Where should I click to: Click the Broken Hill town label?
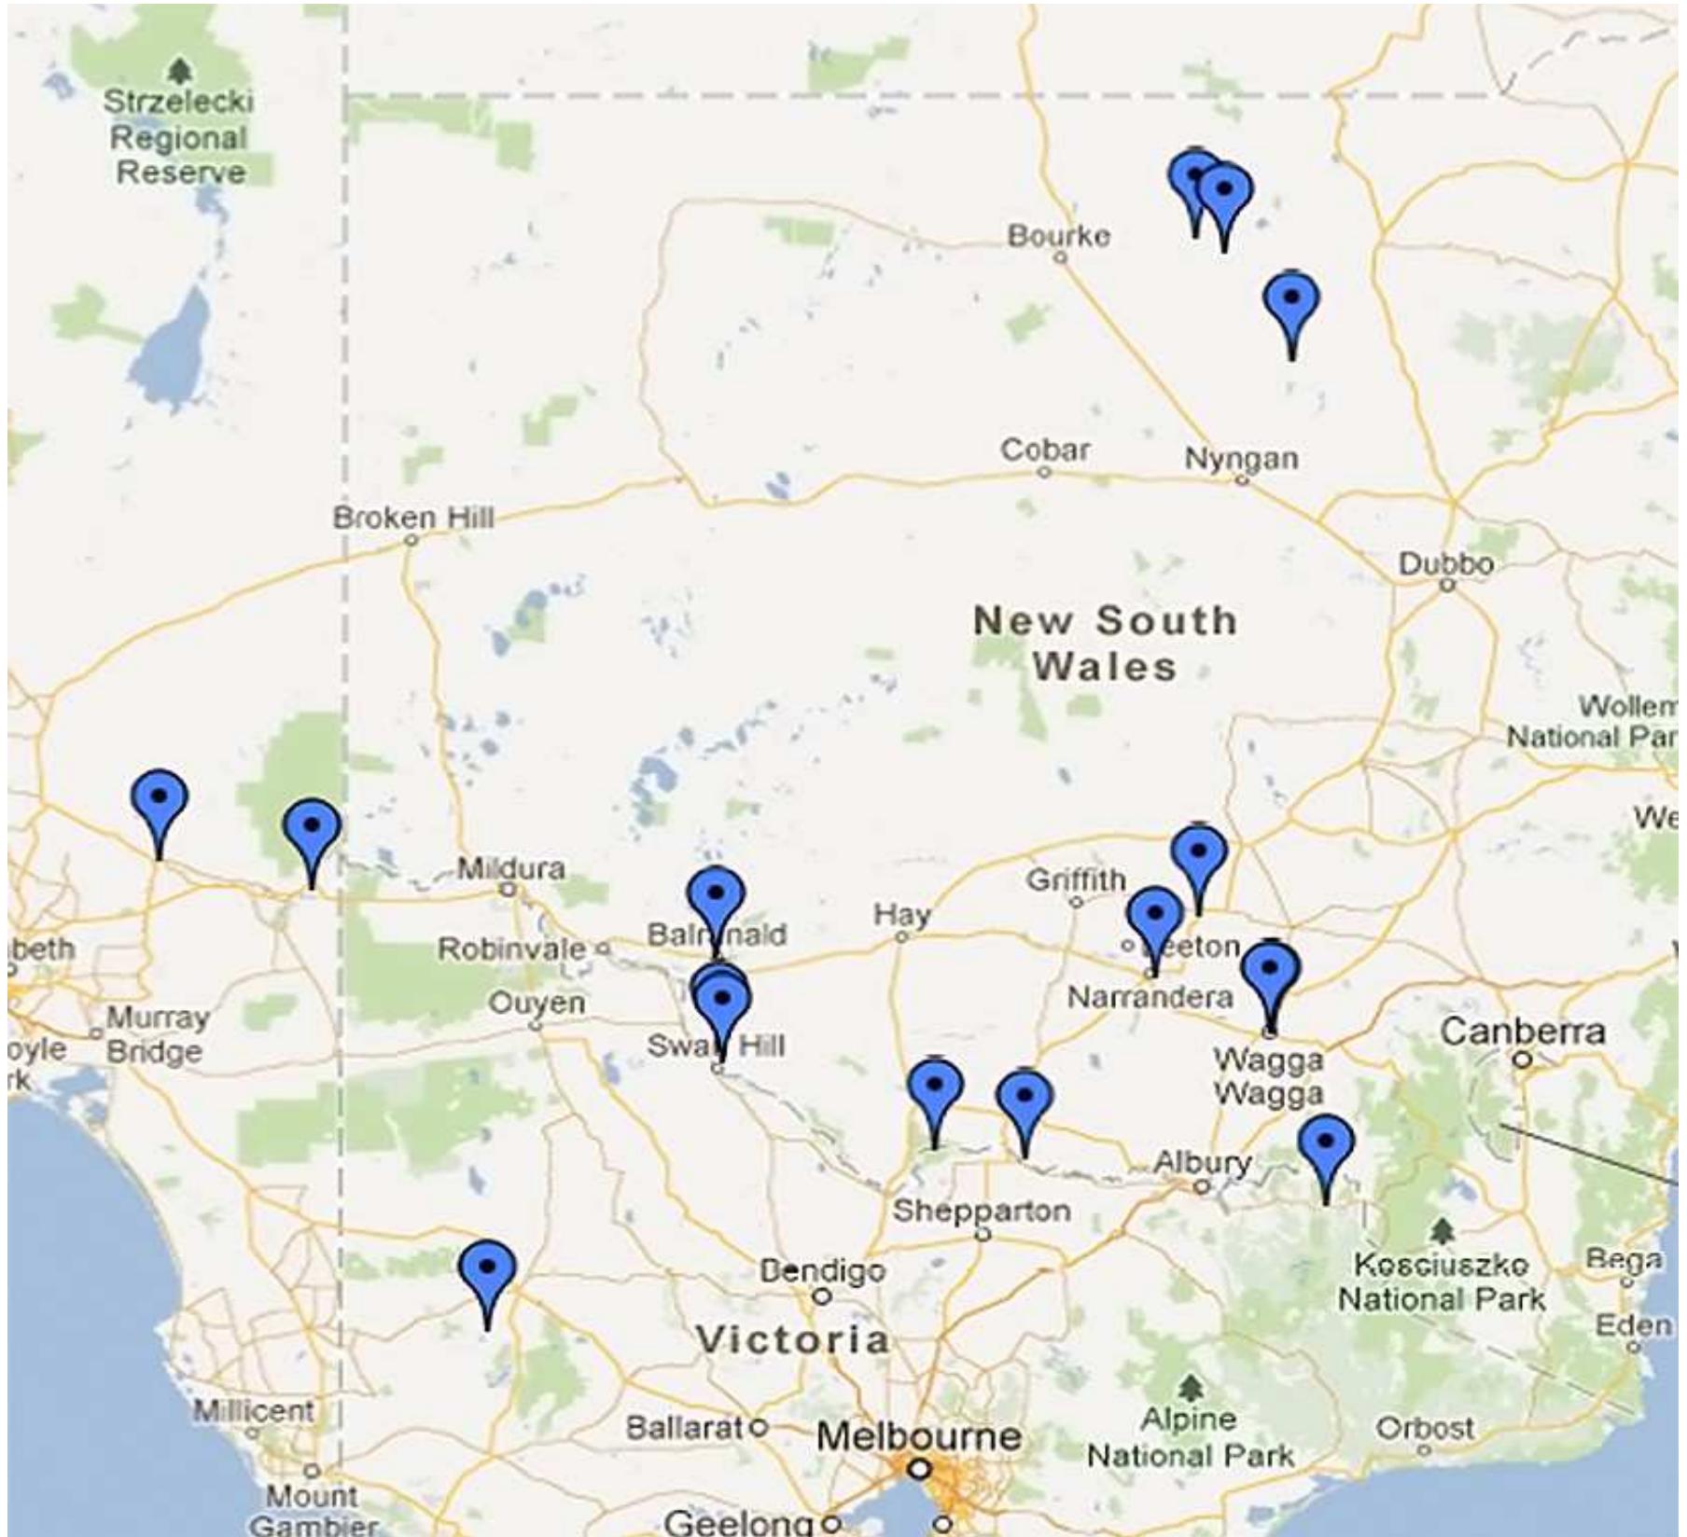tap(413, 518)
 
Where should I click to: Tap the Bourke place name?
tap(1059, 235)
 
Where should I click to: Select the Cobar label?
tap(1044, 450)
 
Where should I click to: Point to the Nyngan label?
tap(1241, 458)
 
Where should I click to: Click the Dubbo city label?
tap(1445, 563)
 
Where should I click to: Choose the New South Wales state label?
tap(1105, 644)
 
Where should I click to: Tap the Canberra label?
tap(1523, 1032)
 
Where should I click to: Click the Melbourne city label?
tap(918, 1437)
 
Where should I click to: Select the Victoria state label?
tap(793, 1340)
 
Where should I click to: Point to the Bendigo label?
tap(821, 1270)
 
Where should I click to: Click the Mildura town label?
tap(510, 868)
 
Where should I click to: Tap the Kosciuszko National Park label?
tap(1442, 1282)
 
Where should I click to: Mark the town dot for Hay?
tap(901, 936)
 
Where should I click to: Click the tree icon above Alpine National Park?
tap(1188, 1387)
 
